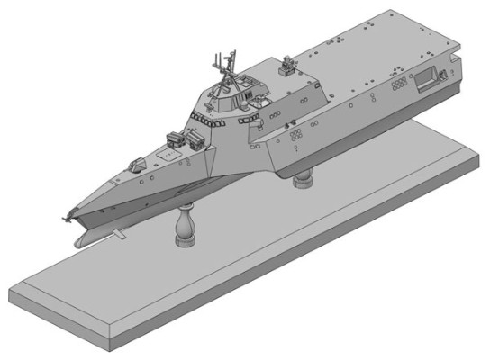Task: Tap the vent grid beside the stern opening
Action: tap(399, 87)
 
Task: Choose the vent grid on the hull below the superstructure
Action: tap(295, 136)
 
